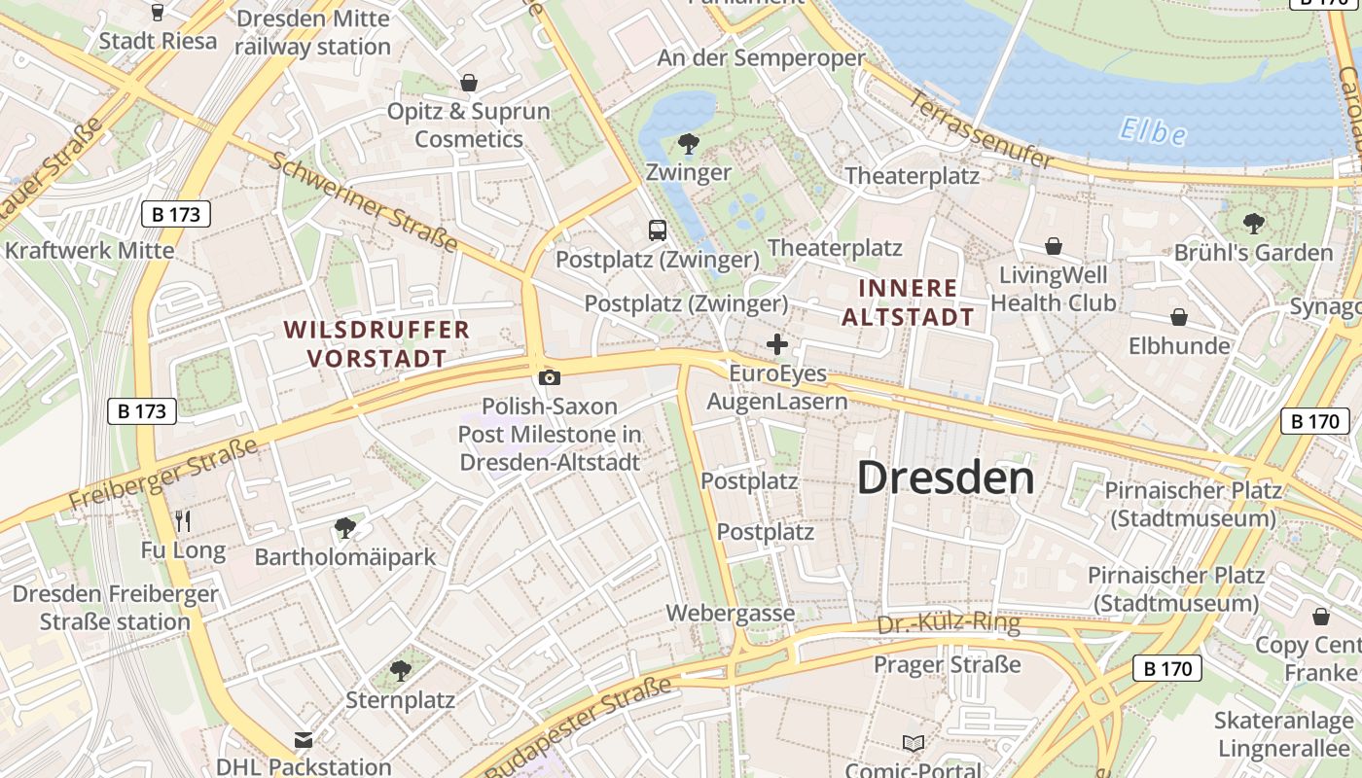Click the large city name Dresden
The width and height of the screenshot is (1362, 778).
(945, 477)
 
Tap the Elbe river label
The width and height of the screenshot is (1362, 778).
(1153, 130)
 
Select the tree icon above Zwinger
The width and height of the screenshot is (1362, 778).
(688, 144)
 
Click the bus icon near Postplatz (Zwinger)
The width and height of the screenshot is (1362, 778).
(658, 230)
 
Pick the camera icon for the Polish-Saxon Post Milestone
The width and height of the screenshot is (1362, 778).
(549, 377)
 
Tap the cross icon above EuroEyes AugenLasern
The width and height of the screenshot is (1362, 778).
(776, 344)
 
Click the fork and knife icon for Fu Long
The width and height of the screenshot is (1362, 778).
(183, 521)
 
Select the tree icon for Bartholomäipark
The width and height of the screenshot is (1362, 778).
(344, 528)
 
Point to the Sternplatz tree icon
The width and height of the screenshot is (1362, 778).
(400, 670)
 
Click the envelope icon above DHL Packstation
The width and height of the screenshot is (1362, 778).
(304, 740)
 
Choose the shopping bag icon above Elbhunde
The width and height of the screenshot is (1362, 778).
(1178, 317)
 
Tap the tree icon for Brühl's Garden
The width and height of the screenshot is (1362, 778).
(1253, 224)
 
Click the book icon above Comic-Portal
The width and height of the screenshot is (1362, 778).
(913, 744)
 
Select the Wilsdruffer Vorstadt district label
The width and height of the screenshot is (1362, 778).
(376, 344)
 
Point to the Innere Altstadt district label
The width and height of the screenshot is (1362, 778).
(907, 302)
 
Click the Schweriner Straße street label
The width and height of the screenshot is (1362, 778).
(362, 201)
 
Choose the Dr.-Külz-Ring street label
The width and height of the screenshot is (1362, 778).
(949, 623)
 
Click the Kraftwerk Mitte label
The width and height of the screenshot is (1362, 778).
(90, 250)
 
